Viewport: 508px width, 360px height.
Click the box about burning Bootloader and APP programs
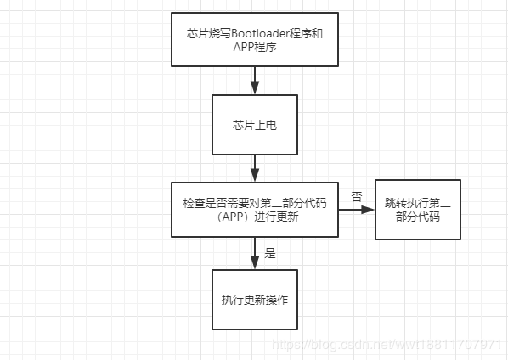coord(255,39)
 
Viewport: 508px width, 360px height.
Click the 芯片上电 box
coord(255,124)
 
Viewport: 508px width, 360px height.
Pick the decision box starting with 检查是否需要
coord(255,210)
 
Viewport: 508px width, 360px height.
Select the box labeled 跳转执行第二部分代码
coord(417,210)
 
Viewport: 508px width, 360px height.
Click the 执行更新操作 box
coord(255,299)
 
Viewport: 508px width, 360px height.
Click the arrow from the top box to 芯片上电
coord(255,79)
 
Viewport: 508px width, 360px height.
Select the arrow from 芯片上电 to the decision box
coord(255,167)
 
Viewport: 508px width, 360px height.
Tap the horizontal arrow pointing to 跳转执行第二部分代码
coord(357,210)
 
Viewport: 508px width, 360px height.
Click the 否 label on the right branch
coord(356,196)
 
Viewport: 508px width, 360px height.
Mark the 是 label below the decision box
coord(270,252)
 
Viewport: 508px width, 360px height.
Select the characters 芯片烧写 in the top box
coord(206,33)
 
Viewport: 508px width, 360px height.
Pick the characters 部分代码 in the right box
coord(417,217)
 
